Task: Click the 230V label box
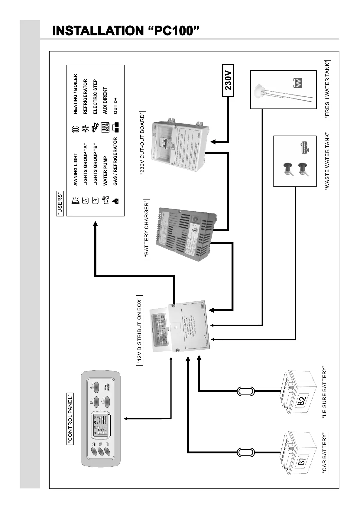coord(228,80)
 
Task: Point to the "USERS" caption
coord(60,203)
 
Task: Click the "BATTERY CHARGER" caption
coord(147,229)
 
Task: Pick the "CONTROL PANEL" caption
coord(70,419)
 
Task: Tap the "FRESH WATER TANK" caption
coord(327,89)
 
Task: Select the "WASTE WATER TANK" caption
coord(327,161)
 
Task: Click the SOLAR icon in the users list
coord(105,128)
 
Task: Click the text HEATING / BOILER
coord(76,94)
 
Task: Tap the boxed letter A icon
coord(86,200)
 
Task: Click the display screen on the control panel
coord(99,425)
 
